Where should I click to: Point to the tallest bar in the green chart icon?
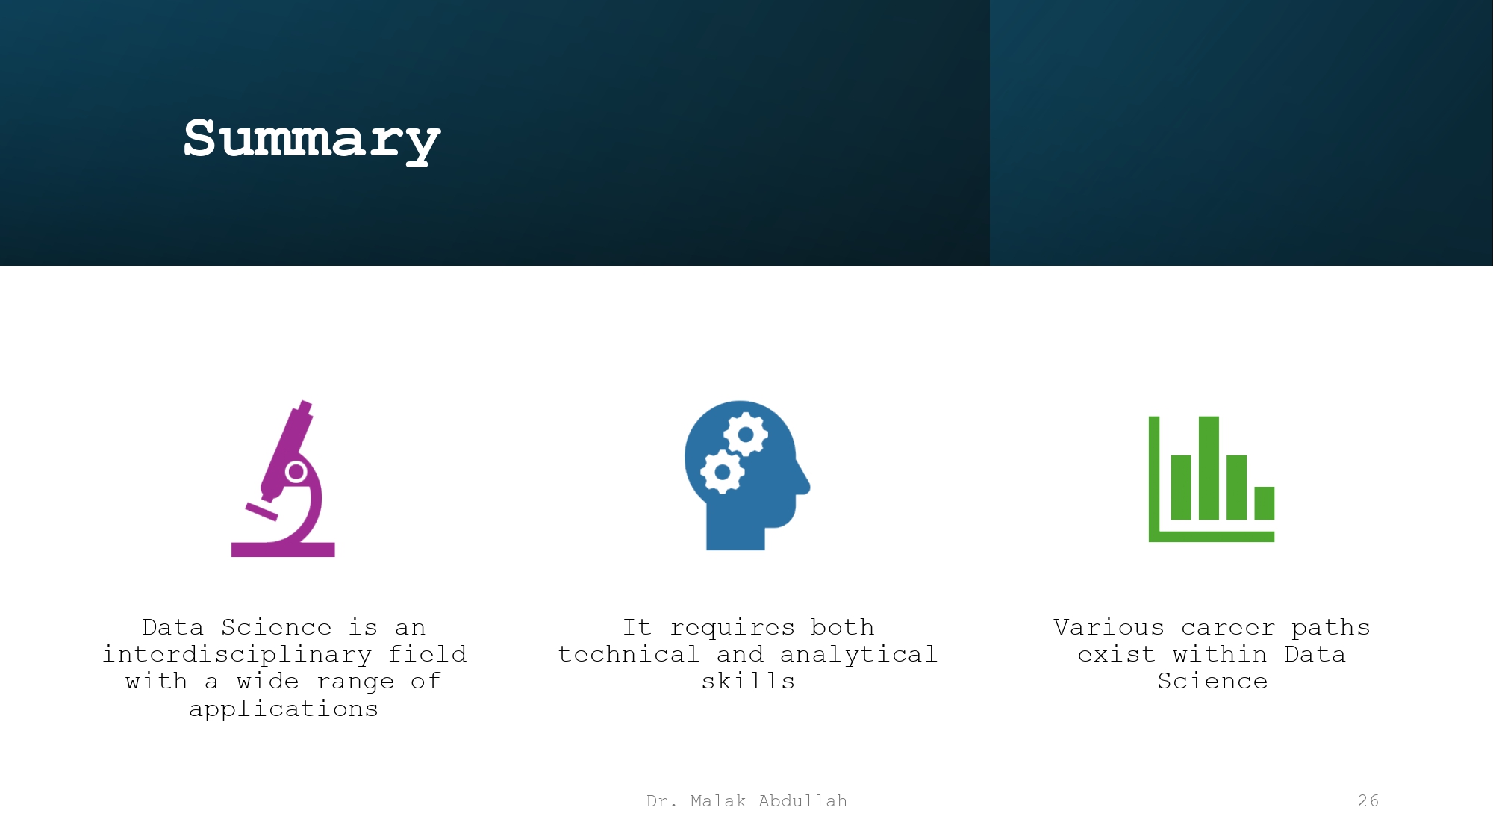click(x=1209, y=467)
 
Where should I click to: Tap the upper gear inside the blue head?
click(x=745, y=434)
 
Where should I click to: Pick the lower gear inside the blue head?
click(x=722, y=472)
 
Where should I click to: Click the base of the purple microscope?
click(x=283, y=550)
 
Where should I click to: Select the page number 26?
click(x=1368, y=801)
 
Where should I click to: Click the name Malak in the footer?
click(x=717, y=801)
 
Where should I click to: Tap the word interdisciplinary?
click(x=237, y=655)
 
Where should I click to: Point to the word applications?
click(x=284, y=709)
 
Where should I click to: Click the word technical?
click(x=629, y=655)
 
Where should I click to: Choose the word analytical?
click(x=858, y=655)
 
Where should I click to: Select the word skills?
click(x=748, y=682)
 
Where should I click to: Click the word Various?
click(x=1109, y=627)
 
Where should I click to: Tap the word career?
click(x=1228, y=627)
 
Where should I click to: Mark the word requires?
click(x=732, y=628)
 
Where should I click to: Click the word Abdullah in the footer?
click(x=802, y=801)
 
